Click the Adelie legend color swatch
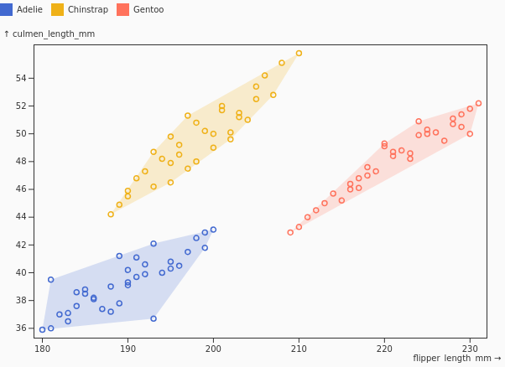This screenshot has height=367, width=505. [6, 9]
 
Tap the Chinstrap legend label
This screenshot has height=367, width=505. [88, 10]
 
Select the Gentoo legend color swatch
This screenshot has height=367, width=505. [123, 9]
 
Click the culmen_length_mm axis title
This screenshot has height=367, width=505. [54, 34]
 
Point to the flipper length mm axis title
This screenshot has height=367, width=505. [452, 358]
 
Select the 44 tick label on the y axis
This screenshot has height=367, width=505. [21, 217]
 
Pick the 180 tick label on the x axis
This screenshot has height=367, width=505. [42, 349]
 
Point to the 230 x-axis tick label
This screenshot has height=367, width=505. [470, 349]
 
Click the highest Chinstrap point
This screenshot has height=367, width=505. [299, 53]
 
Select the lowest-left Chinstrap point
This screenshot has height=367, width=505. [111, 215]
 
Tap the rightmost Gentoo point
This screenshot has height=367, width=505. [479, 103]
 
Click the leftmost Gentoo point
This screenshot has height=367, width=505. [290, 232]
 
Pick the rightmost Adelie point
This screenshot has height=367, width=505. [213, 230]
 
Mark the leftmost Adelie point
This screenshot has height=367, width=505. [42, 329]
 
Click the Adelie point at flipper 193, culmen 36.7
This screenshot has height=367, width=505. [154, 318]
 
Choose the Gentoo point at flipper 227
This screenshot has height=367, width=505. [445, 141]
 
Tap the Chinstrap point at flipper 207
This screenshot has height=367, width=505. [273, 95]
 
